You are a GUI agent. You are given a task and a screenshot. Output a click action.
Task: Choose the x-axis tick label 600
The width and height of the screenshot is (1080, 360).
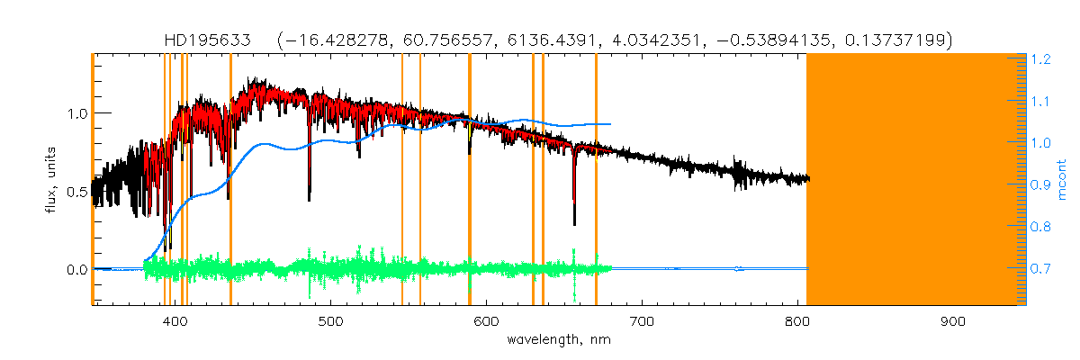(x=487, y=321)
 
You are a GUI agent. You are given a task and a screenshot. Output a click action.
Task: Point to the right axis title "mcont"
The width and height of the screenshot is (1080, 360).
(x=1064, y=180)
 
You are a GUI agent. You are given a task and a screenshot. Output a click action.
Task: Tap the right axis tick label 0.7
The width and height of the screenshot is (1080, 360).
(x=1041, y=269)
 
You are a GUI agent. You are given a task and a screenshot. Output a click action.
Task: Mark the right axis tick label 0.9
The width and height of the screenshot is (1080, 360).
(x=1041, y=185)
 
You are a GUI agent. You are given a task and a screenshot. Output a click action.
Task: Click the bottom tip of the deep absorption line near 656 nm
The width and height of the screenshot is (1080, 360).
(x=574, y=224)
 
